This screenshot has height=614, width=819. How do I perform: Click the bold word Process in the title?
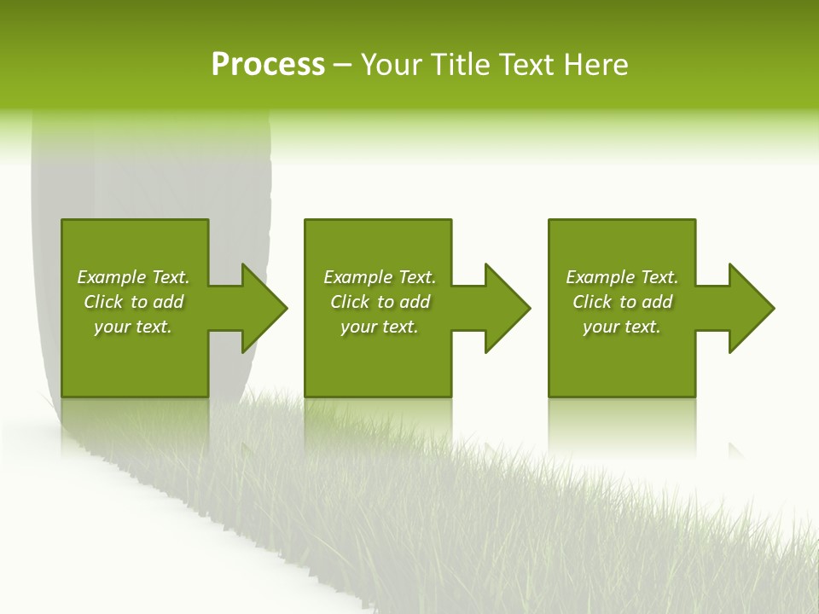pos(268,65)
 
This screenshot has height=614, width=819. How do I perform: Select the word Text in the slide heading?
pos(528,65)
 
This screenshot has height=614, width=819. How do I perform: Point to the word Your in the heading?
pos(393,65)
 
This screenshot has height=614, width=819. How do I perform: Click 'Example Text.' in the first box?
pos(133,277)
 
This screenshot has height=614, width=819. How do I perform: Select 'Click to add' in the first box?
pos(133,302)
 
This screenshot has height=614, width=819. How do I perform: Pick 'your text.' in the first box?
pos(133,327)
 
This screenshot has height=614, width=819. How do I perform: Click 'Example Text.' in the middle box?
pos(380,277)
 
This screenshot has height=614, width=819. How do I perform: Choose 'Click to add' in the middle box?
pos(380,302)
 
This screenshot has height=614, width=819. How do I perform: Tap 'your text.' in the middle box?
pos(380,327)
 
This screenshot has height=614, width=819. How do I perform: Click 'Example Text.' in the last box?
pos(622,277)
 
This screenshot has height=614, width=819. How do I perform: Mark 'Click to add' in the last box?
pos(622,302)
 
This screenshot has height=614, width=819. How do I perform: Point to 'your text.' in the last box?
pos(622,327)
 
